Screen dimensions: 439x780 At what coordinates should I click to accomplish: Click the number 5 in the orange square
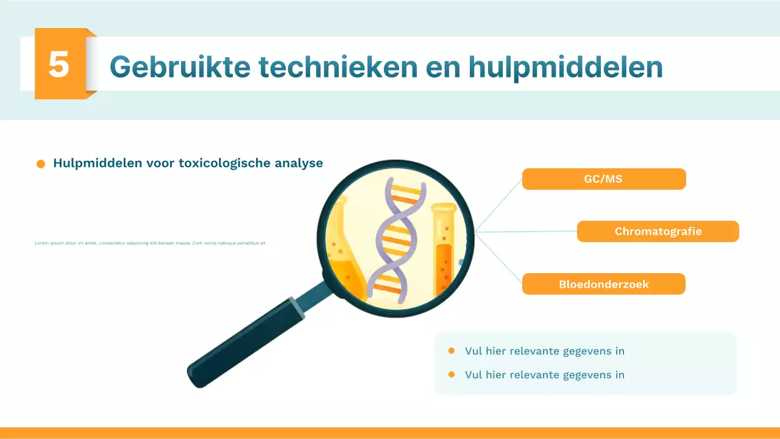tap(59, 64)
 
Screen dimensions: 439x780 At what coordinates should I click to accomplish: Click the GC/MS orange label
tap(603, 179)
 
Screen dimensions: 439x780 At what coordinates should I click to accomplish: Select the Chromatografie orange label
tap(658, 232)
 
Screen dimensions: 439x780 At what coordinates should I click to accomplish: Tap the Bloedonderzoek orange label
tap(603, 284)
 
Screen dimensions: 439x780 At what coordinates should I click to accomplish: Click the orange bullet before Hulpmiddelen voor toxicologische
tap(41, 164)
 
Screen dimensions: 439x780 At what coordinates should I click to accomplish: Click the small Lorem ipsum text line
tap(151, 243)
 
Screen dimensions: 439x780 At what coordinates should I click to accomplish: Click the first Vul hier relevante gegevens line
tap(544, 351)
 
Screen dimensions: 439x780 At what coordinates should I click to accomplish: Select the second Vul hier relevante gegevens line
tap(544, 375)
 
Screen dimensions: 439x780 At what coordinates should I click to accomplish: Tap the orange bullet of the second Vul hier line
tap(452, 374)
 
